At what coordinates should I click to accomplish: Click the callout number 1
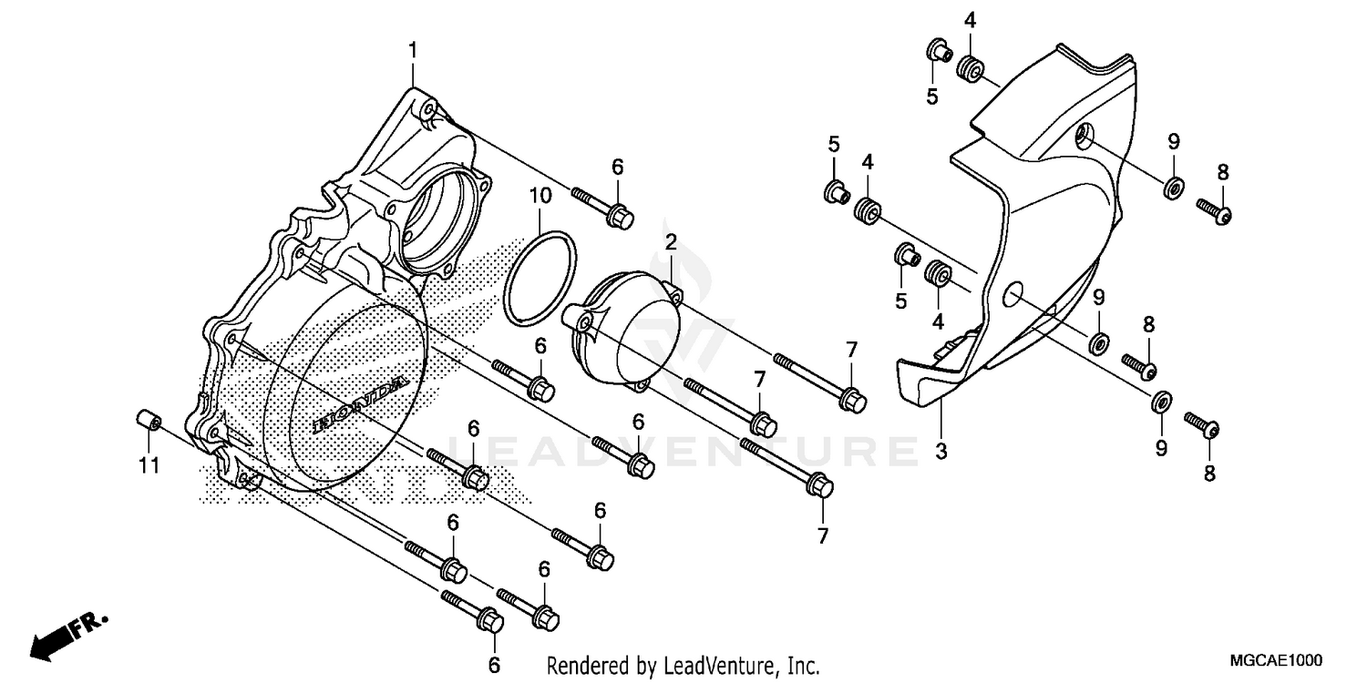coord(413,51)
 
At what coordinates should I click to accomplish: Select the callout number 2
coord(670,242)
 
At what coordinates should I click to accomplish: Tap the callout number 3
coord(941,451)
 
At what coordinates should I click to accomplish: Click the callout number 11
coord(149,465)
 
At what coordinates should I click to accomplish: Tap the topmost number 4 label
coord(971,20)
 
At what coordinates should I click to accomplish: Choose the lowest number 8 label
coord(1210,473)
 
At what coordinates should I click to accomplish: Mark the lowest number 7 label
coord(823,536)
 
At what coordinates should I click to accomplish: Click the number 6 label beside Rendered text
coord(494,665)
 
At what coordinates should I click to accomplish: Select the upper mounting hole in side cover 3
coord(1082,137)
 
